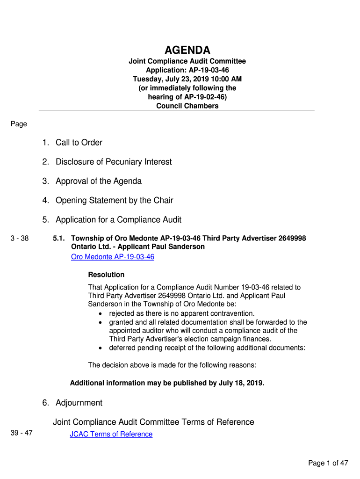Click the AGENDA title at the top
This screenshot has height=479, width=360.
coord(187,50)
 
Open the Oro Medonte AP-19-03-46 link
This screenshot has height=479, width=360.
coord(112,257)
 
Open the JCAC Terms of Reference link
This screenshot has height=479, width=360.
coord(111,434)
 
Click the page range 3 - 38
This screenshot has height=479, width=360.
coord(20,239)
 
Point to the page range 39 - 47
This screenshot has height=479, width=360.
coord(22,433)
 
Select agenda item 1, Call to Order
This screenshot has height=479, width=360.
coord(79,143)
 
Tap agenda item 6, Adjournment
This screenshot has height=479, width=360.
coord(79,403)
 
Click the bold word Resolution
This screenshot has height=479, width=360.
coord(106,275)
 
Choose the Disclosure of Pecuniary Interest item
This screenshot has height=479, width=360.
coord(114,162)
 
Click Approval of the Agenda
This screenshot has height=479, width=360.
coord(98,181)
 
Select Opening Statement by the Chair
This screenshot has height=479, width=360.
coord(114,200)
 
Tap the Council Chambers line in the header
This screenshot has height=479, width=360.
coord(187,106)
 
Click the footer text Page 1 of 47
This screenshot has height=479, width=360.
coord(328,463)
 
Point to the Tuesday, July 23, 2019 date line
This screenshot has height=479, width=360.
coord(187,79)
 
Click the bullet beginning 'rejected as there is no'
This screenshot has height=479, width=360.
coord(181,313)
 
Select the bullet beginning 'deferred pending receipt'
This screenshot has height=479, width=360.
coord(207,348)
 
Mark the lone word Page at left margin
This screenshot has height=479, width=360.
coord(19,124)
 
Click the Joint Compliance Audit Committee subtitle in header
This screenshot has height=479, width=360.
coord(187,61)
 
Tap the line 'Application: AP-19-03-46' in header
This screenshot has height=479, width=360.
coord(187,70)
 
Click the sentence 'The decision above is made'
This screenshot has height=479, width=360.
coord(172,365)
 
